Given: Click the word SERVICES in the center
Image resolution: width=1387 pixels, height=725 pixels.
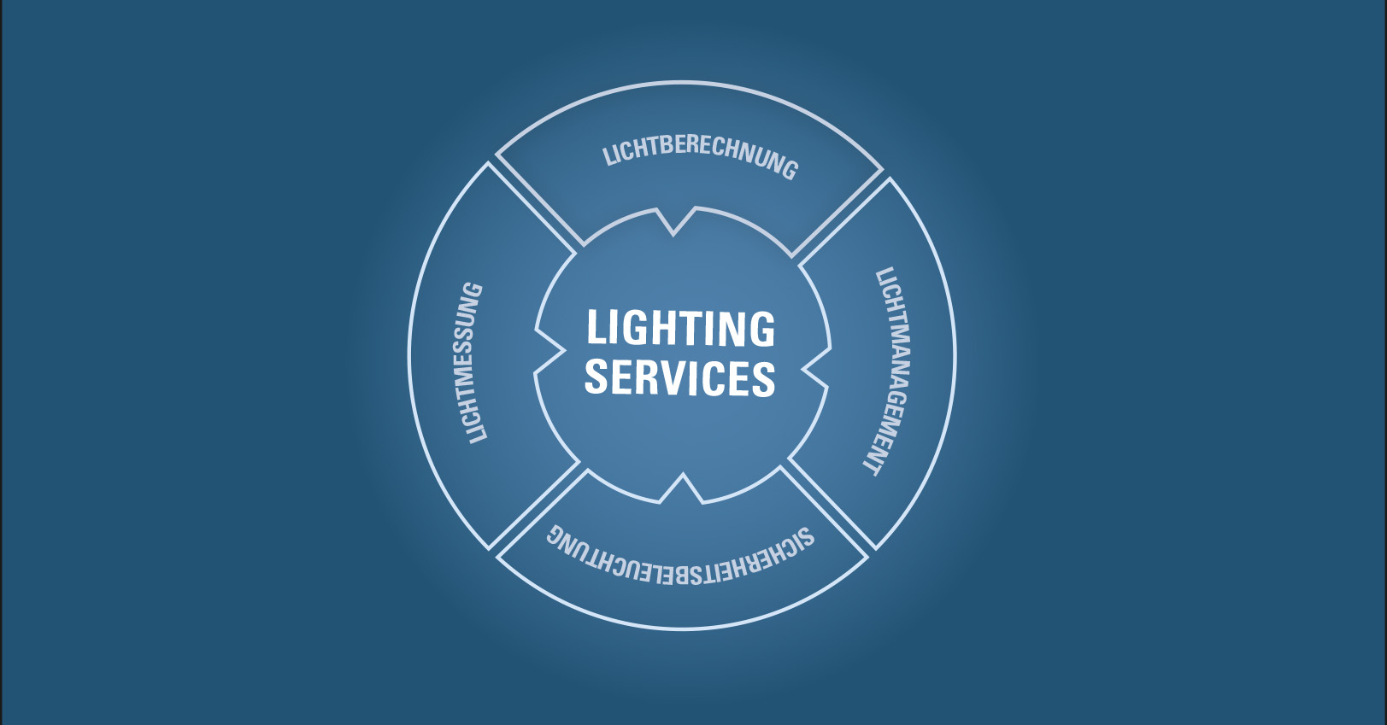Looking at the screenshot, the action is pos(680,377).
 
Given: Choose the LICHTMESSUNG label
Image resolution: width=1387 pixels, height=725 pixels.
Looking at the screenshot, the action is pos(473,362).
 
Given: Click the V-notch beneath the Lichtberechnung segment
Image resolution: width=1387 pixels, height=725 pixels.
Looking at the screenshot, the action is pos(673,224).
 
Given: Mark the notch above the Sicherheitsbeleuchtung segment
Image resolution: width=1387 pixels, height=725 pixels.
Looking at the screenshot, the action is pos(683,486).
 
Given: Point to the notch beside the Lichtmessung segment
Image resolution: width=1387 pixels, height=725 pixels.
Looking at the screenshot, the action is pos(550,351).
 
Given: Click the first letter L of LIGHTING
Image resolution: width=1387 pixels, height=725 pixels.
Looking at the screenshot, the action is pos(597,327).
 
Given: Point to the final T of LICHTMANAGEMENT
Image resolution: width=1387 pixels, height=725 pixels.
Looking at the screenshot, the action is pos(873,465).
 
